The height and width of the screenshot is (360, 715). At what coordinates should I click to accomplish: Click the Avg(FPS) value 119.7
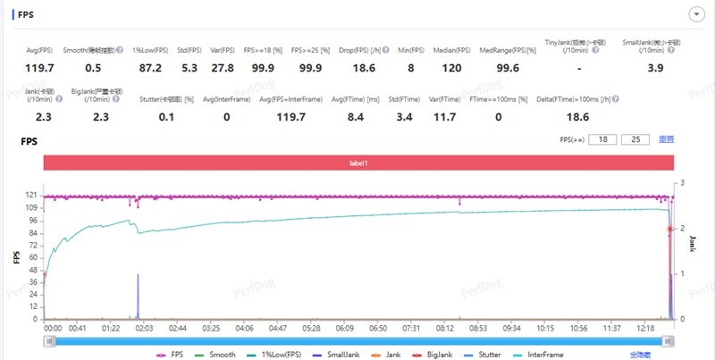pos(39,67)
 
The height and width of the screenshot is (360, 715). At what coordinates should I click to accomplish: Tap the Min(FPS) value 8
pos(410,67)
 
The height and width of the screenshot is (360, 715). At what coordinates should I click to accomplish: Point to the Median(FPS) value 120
pos(451,67)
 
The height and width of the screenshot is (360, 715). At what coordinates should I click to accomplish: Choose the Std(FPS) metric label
pos(189,50)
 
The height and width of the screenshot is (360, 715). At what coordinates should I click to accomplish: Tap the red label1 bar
pos(357,163)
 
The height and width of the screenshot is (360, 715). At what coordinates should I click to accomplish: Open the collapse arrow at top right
pos(694,13)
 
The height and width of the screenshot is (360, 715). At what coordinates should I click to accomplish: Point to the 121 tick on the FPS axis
pos(31,195)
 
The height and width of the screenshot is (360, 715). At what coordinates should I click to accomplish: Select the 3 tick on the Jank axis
pos(683,183)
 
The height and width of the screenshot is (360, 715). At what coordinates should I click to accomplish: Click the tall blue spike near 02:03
pos(138,295)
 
